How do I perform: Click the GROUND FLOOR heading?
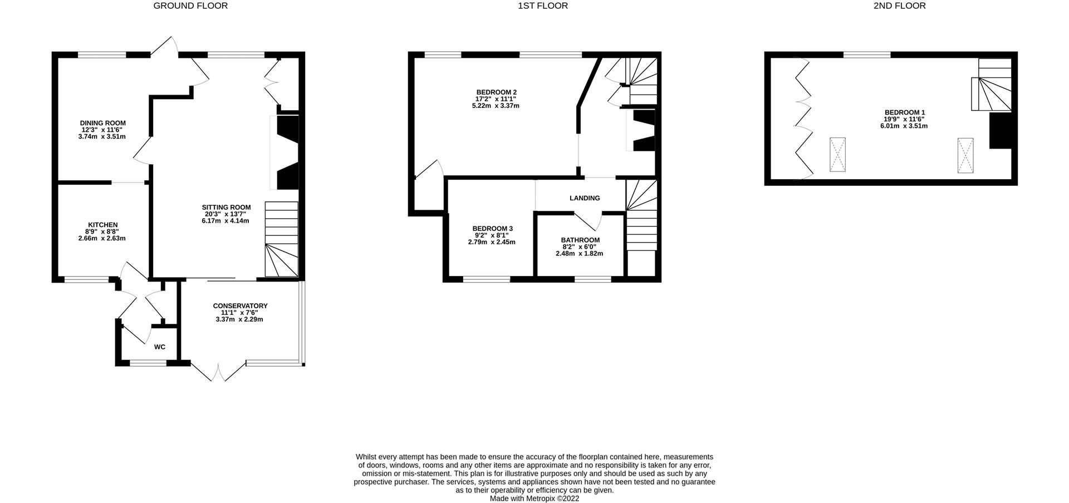pyautogui.click(x=190, y=6)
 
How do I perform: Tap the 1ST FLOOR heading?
pyautogui.click(x=543, y=6)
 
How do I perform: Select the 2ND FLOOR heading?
pyautogui.click(x=899, y=6)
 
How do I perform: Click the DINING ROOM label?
pyautogui.click(x=102, y=123)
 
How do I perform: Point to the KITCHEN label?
pyautogui.click(x=102, y=225)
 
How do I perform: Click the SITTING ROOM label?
pyautogui.click(x=226, y=208)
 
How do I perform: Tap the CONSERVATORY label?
pyautogui.click(x=240, y=306)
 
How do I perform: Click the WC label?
pyautogui.click(x=160, y=347)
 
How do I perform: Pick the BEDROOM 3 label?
pyautogui.click(x=492, y=229)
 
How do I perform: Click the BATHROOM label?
pyautogui.click(x=580, y=240)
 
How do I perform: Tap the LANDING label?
pyautogui.click(x=585, y=198)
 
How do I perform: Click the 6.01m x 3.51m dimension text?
pyautogui.click(x=900, y=126)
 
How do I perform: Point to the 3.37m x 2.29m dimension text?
pyautogui.click(x=239, y=319)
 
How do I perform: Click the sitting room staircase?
pyautogui.click(x=282, y=239)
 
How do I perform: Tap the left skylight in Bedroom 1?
pyautogui.click(x=837, y=154)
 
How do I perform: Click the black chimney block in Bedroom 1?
pyautogui.click(x=1000, y=131)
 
